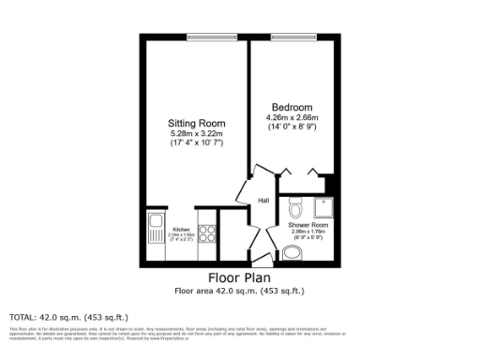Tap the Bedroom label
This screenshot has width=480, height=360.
(x=292, y=107)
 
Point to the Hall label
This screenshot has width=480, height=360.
(x=264, y=200)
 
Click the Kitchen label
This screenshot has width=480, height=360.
(x=181, y=230)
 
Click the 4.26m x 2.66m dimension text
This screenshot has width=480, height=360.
(x=292, y=117)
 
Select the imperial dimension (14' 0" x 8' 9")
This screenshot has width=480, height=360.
(x=292, y=127)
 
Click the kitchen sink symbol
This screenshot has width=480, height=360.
(x=154, y=228)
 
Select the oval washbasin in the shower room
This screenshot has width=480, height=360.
(x=290, y=250)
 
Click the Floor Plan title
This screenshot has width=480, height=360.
(x=239, y=278)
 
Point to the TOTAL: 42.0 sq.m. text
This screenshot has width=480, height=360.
(x=68, y=317)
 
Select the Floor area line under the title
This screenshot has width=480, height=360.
(x=239, y=291)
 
